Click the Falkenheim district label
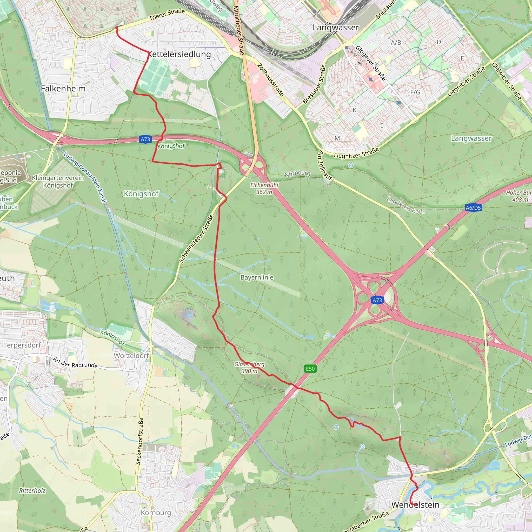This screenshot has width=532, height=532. pyautogui.click(x=63, y=89)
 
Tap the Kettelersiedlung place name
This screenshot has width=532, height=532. pyautogui.click(x=179, y=54)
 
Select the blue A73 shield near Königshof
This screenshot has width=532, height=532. pyautogui.click(x=145, y=139)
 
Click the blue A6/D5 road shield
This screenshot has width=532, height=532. pyautogui.click(x=473, y=208)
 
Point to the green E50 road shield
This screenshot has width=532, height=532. pyautogui.click(x=310, y=369)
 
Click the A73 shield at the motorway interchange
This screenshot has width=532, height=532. pyautogui.click(x=377, y=300)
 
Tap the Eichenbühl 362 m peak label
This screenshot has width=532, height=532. pyautogui.click(x=264, y=188)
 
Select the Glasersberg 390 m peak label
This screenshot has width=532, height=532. pyautogui.click(x=249, y=367)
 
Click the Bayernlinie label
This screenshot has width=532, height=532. pyautogui.click(x=257, y=277)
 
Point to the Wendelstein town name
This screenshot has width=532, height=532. pyautogui.click(x=415, y=505)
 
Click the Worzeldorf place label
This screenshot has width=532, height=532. pyautogui.click(x=131, y=356)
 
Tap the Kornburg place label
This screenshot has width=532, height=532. pyautogui.click(x=156, y=513)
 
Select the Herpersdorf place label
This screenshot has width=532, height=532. pyautogui.click(x=22, y=345)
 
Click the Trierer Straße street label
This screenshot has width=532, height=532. pyautogui.click(x=167, y=15)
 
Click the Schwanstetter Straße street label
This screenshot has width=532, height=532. pyautogui.click(x=196, y=238)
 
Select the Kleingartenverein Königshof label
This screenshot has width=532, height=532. pyautogui.click(x=58, y=182)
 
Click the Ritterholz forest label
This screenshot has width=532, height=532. pyautogui.click(x=32, y=490)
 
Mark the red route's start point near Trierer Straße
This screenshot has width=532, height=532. pyautogui.click(x=116, y=28)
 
